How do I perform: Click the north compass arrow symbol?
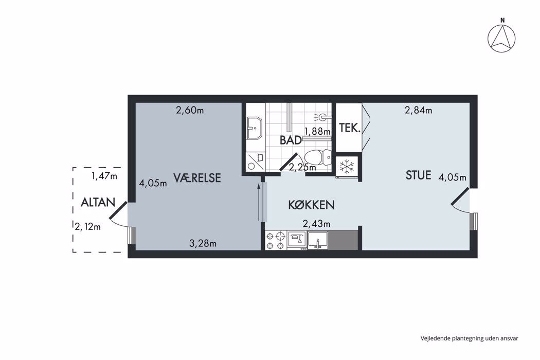[x=502, y=38]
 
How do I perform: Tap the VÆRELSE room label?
[x=196, y=178]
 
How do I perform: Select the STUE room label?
[x=418, y=175]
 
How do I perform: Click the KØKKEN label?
[x=311, y=205]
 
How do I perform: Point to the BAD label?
[x=291, y=140]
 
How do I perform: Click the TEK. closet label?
[x=350, y=128]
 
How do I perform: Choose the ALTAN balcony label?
[x=98, y=202]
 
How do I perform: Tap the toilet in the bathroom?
[x=317, y=157]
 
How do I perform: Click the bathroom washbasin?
[x=255, y=128]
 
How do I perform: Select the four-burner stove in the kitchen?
[x=276, y=240]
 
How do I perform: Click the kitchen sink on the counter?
[x=317, y=240]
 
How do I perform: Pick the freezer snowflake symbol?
[x=347, y=167]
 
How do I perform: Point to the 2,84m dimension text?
[x=418, y=110]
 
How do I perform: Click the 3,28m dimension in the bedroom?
[x=203, y=244]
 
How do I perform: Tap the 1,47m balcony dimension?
[x=104, y=176]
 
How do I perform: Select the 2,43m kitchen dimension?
[x=316, y=224]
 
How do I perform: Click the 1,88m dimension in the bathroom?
[x=317, y=131]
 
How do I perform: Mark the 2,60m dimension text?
[x=190, y=110]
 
